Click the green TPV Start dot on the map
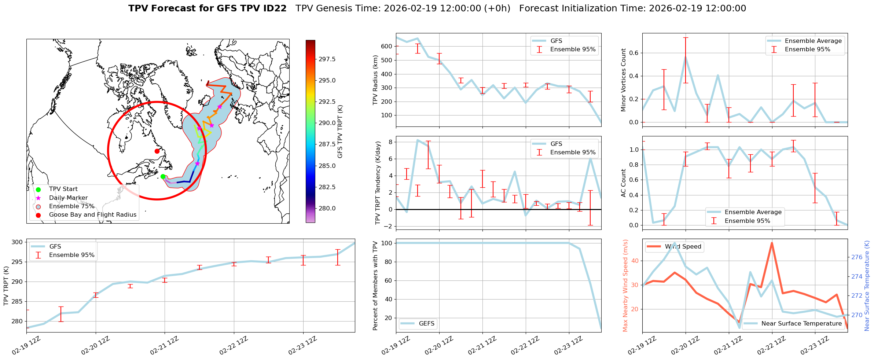(x=163, y=176)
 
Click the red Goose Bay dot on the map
(x=157, y=151)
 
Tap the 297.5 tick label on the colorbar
(x=327, y=59)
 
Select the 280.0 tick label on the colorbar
(x=327, y=208)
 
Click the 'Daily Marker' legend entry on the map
(x=68, y=198)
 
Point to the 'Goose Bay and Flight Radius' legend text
(x=92, y=215)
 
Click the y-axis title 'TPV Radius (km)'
(x=375, y=80)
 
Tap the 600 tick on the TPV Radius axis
(x=386, y=47)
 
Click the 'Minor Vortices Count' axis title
(x=623, y=80)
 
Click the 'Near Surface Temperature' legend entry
(x=801, y=324)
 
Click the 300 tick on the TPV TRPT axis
(x=17, y=242)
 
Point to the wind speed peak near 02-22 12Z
(x=772, y=243)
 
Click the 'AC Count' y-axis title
(x=623, y=183)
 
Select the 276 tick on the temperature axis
(x=857, y=257)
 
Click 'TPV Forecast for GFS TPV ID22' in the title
(x=208, y=8)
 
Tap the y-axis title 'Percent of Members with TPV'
(x=375, y=286)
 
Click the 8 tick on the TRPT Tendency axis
(x=390, y=142)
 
